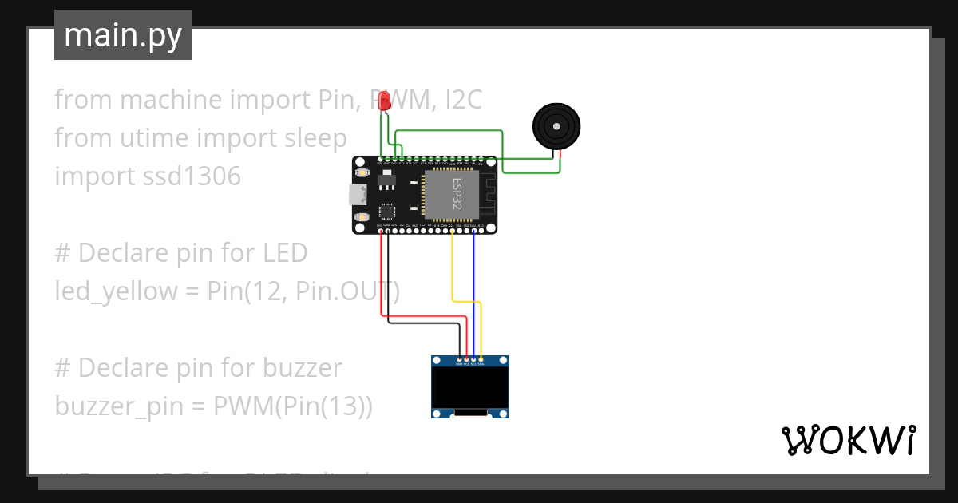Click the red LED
pyautogui.click(x=384, y=101)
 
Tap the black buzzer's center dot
pyautogui.click(x=556, y=126)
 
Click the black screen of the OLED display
pyautogui.click(x=470, y=387)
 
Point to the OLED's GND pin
pyautogui.click(x=460, y=360)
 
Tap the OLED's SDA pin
pyautogui.click(x=481, y=360)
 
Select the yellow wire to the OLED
pyautogui.click(x=453, y=271)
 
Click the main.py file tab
pyautogui.click(x=122, y=35)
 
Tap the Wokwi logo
pyautogui.click(x=847, y=440)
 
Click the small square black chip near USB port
pyautogui.click(x=387, y=212)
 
